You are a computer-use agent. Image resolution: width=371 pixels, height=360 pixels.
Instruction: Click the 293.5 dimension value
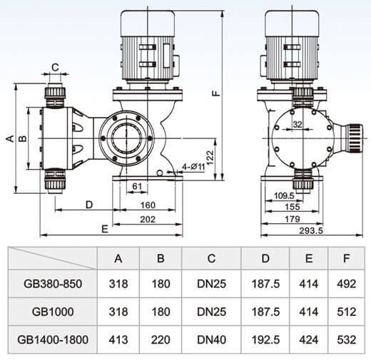[x=311, y=230]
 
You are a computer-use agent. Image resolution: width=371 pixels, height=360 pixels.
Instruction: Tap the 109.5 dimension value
[x=284, y=196]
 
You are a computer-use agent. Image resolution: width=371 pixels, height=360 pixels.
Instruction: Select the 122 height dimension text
[x=210, y=158]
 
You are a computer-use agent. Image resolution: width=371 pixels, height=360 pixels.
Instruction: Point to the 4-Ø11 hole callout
[x=193, y=167]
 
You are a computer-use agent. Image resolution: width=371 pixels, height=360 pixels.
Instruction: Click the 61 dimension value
[x=137, y=186]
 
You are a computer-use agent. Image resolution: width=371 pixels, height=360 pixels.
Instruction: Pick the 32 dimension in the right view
[x=298, y=124]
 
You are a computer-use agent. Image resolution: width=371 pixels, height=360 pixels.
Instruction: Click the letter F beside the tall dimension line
[x=216, y=93]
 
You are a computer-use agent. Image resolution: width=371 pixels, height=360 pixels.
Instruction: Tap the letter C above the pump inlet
[x=55, y=68]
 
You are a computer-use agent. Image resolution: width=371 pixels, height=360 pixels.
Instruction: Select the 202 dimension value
[x=148, y=220]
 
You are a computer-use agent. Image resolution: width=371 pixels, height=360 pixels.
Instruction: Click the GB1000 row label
[x=53, y=312]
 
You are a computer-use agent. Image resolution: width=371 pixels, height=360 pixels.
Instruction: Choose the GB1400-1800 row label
[x=53, y=339]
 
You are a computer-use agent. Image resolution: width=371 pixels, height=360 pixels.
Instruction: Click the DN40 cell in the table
[x=211, y=339]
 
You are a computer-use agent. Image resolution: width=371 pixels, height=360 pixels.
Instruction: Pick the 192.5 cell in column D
[x=265, y=339]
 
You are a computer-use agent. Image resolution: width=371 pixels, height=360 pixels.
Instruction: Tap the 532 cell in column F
[x=346, y=339]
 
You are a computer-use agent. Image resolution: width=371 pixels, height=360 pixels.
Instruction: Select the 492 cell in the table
[x=346, y=284]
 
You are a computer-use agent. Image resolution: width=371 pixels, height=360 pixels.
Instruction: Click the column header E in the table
[x=309, y=258]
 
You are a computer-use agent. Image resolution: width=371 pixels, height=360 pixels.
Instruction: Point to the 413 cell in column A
[x=118, y=339]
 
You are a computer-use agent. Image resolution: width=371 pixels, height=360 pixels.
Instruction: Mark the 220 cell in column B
[x=161, y=339]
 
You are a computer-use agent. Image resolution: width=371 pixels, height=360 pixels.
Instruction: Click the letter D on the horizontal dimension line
[x=89, y=205]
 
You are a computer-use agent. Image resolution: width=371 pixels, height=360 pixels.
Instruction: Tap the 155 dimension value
[x=293, y=207]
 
